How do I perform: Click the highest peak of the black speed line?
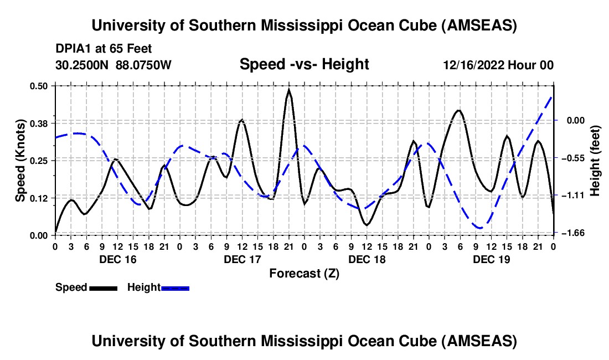(288, 90)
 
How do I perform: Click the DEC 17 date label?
(242, 259)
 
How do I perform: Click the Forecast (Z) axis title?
(304, 273)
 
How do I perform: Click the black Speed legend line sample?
(103, 288)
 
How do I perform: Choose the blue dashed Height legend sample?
(175, 288)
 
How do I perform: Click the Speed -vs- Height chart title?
(304, 65)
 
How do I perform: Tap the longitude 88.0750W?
(144, 65)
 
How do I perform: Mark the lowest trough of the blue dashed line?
(480, 228)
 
